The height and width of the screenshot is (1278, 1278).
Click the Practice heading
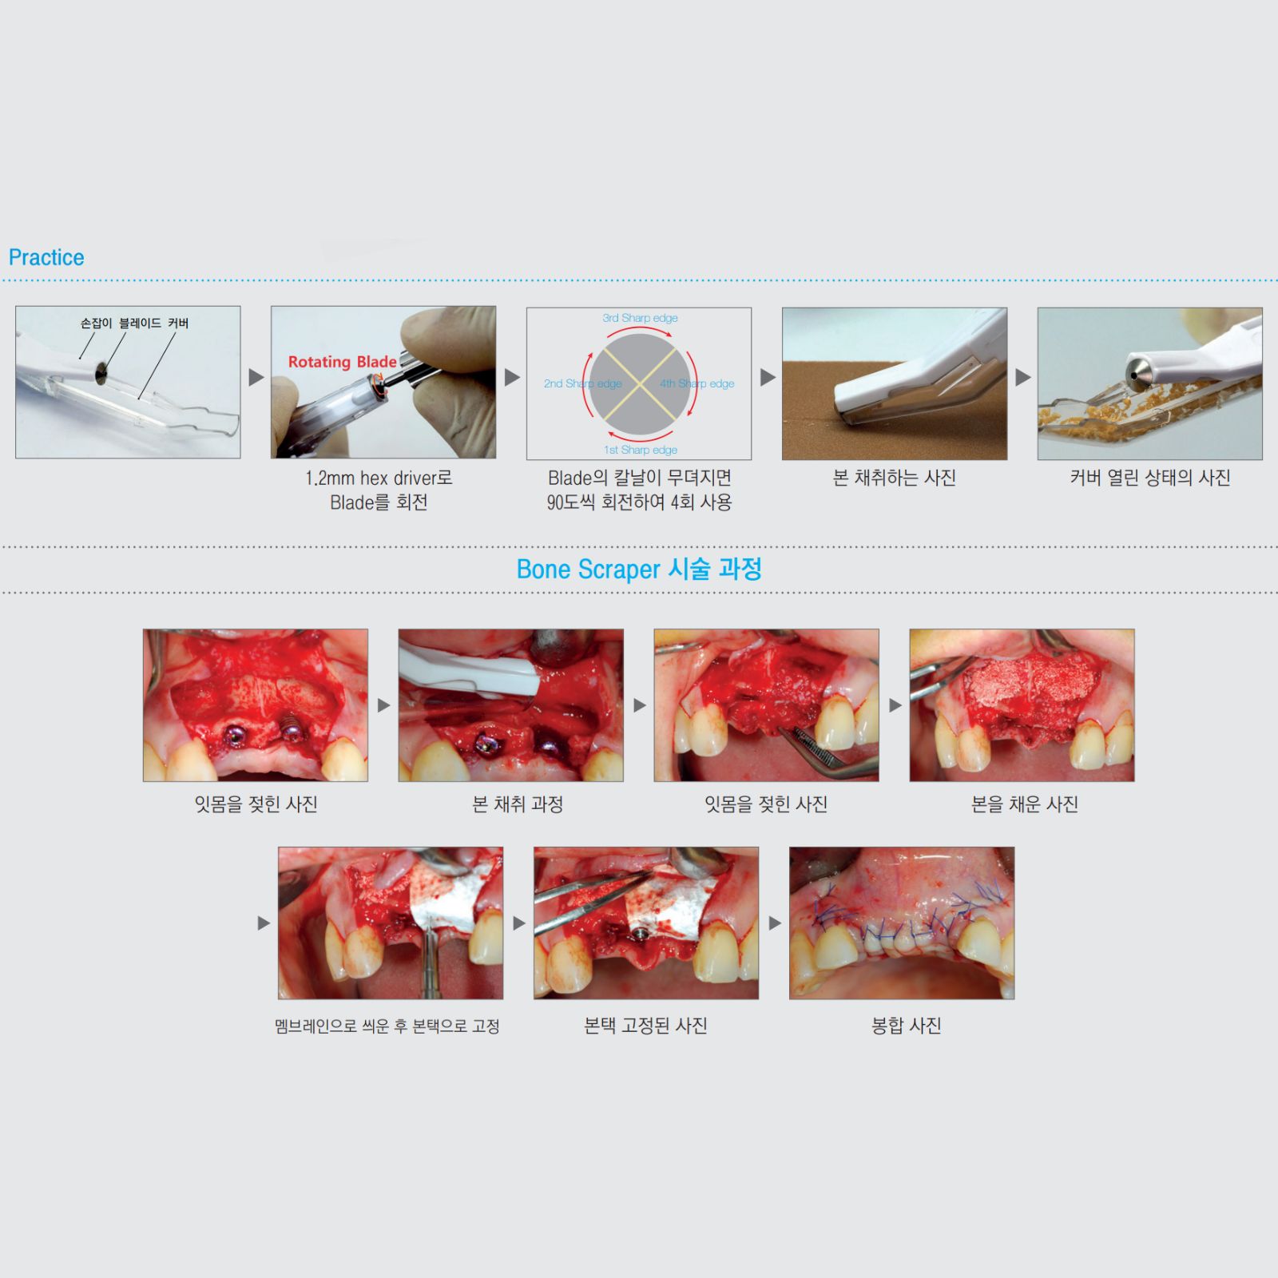point(46,257)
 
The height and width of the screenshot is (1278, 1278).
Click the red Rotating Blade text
point(342,362)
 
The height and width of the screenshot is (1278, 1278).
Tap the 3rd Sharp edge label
point(640,318)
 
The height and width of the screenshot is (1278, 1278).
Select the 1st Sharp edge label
point(641,450)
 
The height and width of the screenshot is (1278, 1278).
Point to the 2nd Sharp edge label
point(582,383)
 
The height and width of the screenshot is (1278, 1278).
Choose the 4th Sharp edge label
point(697,383)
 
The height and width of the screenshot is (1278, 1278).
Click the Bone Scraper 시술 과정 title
point(639,570)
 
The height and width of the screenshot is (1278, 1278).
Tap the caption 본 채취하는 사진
point(894,478)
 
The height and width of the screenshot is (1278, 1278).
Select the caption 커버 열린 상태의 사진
point(1149,478)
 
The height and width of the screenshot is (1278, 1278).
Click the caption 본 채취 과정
point(518,804)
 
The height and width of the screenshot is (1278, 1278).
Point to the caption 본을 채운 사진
point(1024,804)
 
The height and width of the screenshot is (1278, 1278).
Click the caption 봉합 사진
point(906,1026)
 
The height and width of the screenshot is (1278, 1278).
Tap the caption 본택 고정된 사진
point(645,1026)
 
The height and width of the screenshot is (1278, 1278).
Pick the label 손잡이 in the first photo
point(96,323)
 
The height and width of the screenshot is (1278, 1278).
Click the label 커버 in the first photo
point(178,323)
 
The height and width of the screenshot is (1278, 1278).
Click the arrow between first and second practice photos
point(256,377)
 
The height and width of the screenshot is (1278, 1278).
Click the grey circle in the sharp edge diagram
point(640,384)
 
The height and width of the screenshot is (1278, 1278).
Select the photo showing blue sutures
point(902,923)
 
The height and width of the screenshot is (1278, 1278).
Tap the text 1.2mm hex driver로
point(379,478)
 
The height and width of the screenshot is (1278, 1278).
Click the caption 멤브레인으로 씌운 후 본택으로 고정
point(387,1026)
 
